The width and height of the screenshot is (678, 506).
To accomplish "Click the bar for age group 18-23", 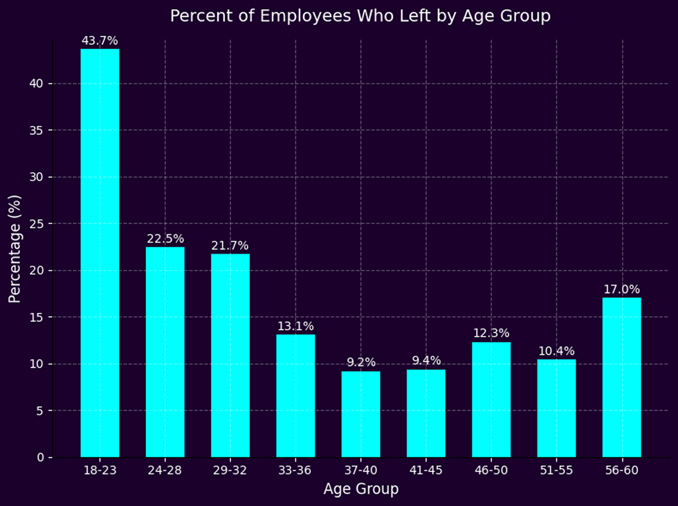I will [x=100, y=253].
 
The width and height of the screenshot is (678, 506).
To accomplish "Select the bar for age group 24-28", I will [x=165, y=352].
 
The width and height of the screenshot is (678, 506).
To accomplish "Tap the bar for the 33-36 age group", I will [x=295, y=395].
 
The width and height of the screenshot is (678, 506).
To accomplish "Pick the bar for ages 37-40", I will [x=360, y=414].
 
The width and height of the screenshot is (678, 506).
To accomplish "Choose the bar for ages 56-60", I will [x=621, y=377].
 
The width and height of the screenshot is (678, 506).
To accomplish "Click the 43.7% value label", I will [x=100, y=41].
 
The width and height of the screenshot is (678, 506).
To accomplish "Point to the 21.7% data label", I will [x=230, y=245].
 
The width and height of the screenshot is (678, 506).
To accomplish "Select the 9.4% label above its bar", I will [x=425, y=360].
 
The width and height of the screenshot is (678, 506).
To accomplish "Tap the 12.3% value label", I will [x=491, y=333].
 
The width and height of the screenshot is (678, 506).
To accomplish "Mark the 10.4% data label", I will [x=556, y=351].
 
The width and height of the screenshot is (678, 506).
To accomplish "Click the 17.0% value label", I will [x=621, y=289].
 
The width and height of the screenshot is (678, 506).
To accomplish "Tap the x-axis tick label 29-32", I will [x=230, y=471].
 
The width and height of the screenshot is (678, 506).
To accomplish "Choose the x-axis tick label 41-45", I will [x=425, y=471].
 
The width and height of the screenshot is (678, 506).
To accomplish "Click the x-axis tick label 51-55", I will [x=556, y=471].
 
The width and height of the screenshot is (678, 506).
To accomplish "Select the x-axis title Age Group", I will [x=360, y=489].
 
